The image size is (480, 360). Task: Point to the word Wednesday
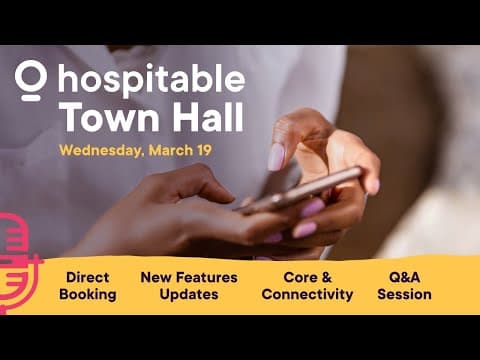coord(101,152)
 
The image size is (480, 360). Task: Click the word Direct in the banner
coord(88,277)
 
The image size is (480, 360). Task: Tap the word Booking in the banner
coord(88,294)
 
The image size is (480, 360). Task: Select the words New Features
coord(189,277)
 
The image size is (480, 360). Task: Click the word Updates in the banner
coord(189,294)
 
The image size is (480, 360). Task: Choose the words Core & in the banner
coord(306,277)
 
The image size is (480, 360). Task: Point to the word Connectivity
coord(307,294)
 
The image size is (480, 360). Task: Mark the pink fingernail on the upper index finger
coord(276,157)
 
